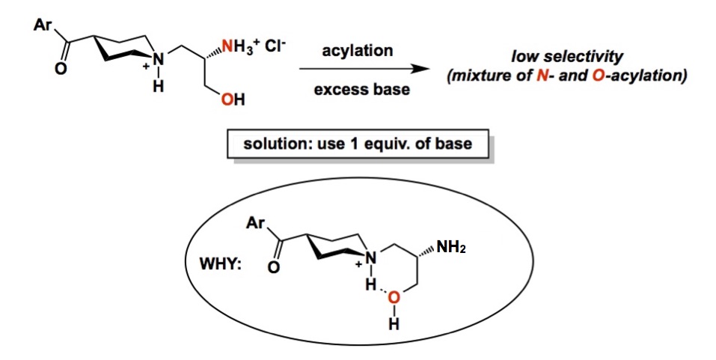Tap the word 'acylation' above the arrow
(x=357, y=51)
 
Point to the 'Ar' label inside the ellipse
(x=254, y=222)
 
